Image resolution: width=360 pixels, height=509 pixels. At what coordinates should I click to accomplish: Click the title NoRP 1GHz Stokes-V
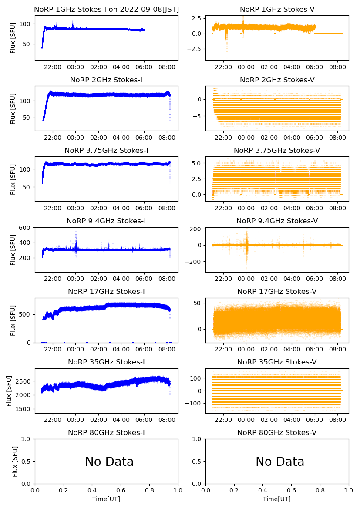[x=277, y=9]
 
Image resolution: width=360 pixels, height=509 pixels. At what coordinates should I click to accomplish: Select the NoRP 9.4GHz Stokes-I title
[x=106, y=221]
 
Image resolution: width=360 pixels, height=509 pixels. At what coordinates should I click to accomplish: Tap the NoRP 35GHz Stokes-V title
[x=277, y=362]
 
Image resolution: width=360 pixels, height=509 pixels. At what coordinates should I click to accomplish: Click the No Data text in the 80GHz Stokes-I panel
[x=109, y=462]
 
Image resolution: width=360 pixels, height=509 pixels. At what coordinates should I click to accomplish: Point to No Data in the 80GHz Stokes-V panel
[x=280, y=462]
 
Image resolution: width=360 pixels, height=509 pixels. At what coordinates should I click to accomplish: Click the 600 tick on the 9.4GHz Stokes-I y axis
[x=25, y=228]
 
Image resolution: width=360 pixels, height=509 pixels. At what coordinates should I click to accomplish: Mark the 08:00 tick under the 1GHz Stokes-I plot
[x=167, y=67]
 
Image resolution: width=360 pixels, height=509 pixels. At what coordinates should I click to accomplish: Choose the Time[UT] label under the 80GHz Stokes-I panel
[x=106, y=499]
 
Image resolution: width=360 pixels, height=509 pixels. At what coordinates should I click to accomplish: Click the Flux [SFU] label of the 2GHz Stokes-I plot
[x=13, y=108]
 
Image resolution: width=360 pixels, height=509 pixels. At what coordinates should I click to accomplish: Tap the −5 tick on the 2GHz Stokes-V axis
[x=198, y=116]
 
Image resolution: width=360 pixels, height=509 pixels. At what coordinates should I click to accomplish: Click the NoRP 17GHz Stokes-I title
[x=106, y=291]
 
